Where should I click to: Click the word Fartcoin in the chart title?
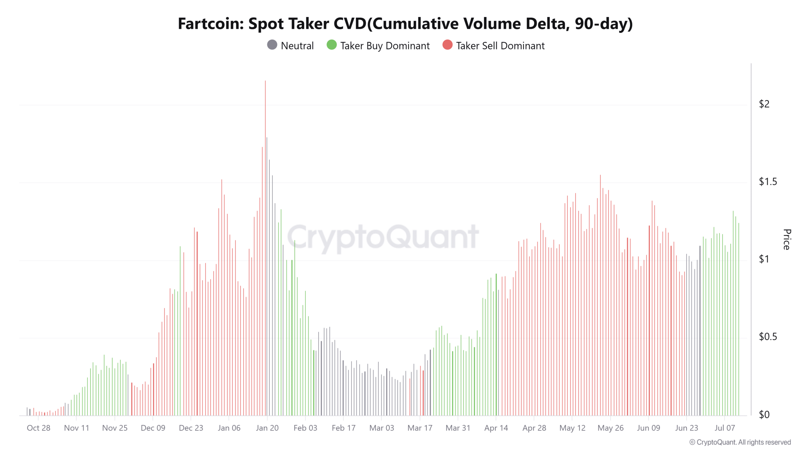coord(211,24)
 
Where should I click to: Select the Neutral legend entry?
coord(290,46)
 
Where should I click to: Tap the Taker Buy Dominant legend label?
coord(385,46)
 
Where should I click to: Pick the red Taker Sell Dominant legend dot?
coord(447,45)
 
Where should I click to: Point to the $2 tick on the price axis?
coord(764,104)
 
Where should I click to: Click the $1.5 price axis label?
coord(768,181)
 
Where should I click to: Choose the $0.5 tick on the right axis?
coord(768,337)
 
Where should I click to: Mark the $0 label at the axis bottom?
coord(764,415)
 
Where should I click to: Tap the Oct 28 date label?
coord(38,428)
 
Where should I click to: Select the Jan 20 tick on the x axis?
coord(267,428)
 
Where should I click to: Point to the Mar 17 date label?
coord(420,428)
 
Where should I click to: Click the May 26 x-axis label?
coord(610,428)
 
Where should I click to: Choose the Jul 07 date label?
coord(725,428)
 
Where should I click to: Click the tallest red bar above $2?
coord(265,95)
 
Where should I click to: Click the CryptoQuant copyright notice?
coord(740,442)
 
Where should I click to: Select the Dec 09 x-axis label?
coord(153,428)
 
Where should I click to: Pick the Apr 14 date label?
coord(496,428)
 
